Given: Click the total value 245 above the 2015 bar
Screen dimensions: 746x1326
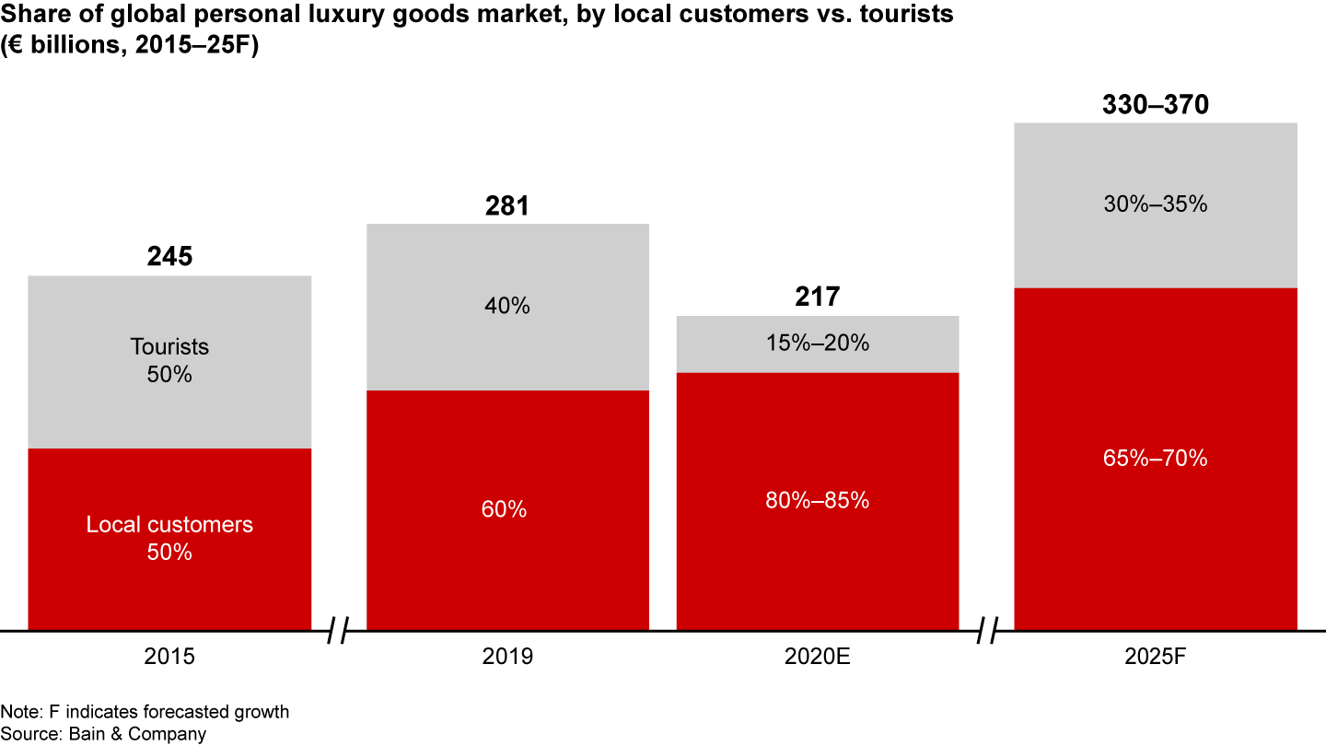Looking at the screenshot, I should pos(169,256).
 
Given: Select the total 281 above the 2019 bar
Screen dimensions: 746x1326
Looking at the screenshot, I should pos(507,205).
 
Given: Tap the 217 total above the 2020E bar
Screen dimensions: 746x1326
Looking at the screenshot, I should pos(818,297).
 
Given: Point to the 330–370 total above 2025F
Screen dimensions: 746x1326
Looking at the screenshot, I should pos(1155,105).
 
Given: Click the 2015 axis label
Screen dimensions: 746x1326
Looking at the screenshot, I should pos(169,657).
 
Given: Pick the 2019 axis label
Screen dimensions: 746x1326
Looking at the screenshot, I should pos(507,657).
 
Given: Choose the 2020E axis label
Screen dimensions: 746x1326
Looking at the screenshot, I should pos(818,657).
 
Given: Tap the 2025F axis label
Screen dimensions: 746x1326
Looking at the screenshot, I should pos(1155,657).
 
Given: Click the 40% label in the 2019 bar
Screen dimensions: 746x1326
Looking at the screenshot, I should pos(507,306).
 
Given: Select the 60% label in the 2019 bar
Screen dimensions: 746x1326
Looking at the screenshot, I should pos(507,508).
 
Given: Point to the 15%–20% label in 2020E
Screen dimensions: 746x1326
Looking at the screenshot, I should pos(818,344).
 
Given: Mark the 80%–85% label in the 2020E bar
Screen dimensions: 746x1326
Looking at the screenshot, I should pos(818,500).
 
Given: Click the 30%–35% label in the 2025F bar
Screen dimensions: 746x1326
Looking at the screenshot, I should pos(1155,204).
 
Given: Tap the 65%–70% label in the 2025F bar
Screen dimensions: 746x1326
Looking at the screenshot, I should pos(1155,458).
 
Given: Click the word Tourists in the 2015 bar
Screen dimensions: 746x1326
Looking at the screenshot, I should pos(169,346).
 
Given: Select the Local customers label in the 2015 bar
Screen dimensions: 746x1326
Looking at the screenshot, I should pos(169,525).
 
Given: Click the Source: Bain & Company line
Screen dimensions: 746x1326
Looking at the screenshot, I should pos(103,734).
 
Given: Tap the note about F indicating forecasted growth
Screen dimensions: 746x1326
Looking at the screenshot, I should pos(145,712).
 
